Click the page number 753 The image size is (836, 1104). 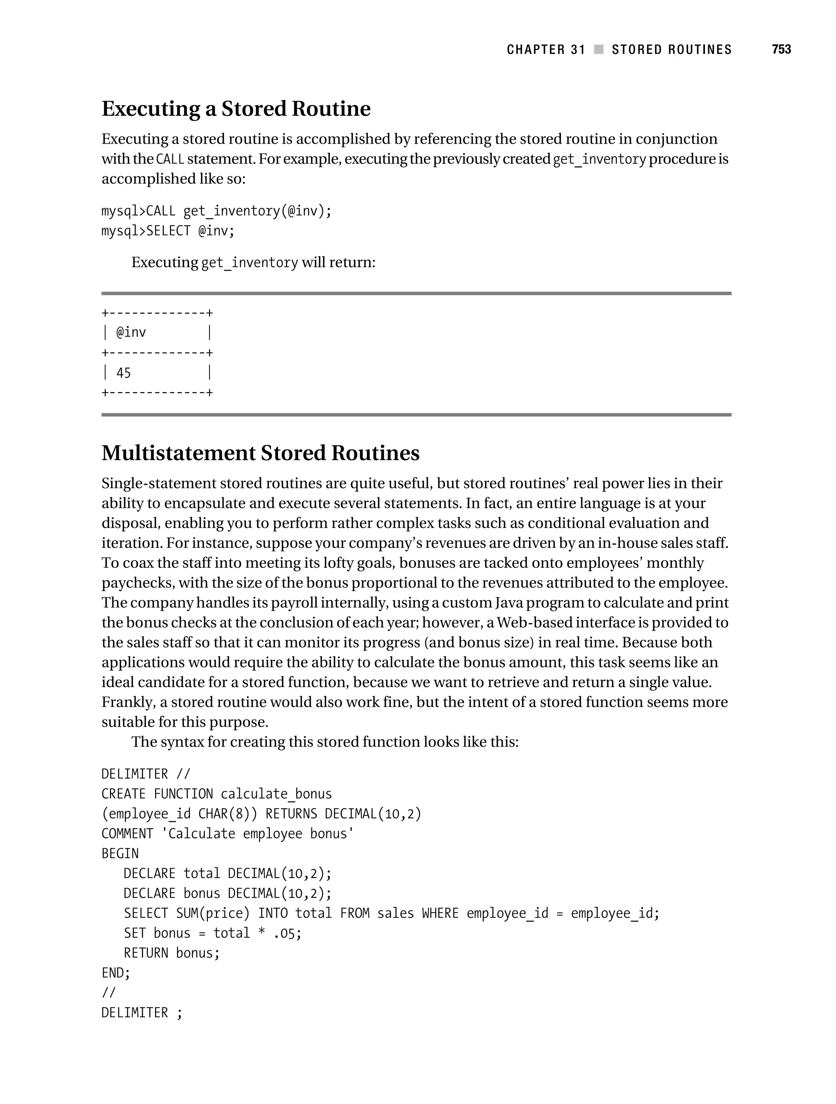781,49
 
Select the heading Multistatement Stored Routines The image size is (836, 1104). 260,453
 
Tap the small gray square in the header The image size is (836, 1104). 598,49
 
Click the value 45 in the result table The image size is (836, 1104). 123,373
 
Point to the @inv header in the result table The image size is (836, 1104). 131,333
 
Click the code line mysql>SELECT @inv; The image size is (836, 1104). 168,231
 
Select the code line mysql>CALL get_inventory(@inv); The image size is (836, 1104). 216,211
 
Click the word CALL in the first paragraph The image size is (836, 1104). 170,159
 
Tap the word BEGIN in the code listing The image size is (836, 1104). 120,853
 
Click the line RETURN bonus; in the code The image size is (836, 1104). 172,953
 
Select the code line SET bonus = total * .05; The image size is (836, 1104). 213,933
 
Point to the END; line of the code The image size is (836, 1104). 116,973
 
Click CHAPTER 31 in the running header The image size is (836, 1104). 545,49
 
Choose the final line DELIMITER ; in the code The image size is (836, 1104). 142,1013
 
